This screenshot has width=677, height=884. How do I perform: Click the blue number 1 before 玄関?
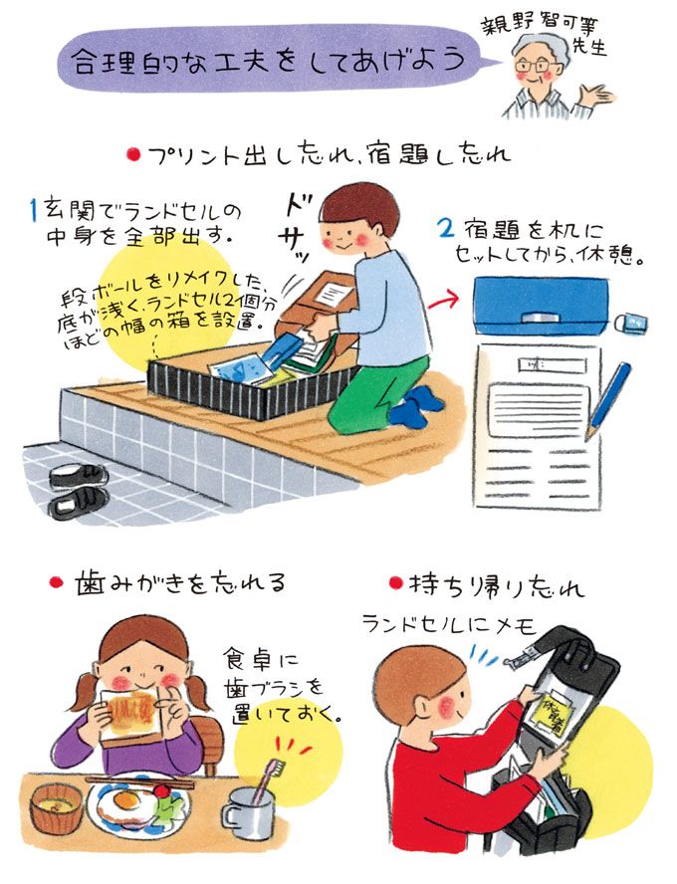(33, 210)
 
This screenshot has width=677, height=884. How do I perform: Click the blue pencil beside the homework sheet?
(610, 399)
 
